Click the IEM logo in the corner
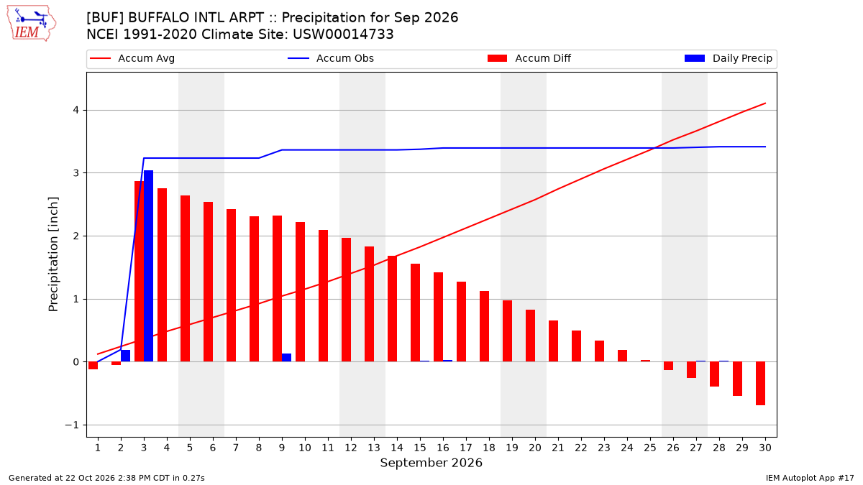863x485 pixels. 31,24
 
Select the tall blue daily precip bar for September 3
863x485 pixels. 148,266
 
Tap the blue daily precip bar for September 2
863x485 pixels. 125,356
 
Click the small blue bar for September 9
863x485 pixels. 286,358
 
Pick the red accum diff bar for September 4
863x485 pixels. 163,274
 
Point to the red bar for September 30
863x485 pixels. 760,384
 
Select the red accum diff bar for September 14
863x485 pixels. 392,309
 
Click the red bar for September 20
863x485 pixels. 530,336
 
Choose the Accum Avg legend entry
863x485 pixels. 132,58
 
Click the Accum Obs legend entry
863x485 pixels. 331,58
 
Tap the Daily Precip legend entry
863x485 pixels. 728,58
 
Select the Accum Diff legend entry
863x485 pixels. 529,58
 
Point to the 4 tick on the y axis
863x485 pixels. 76,111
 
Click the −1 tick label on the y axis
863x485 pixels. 72,425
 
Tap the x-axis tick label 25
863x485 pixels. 650,448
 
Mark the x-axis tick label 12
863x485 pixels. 351,448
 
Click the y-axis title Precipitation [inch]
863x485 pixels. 53,254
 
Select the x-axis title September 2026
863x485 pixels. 431,463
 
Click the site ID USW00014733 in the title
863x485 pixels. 343,34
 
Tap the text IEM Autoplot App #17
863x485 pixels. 810,478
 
